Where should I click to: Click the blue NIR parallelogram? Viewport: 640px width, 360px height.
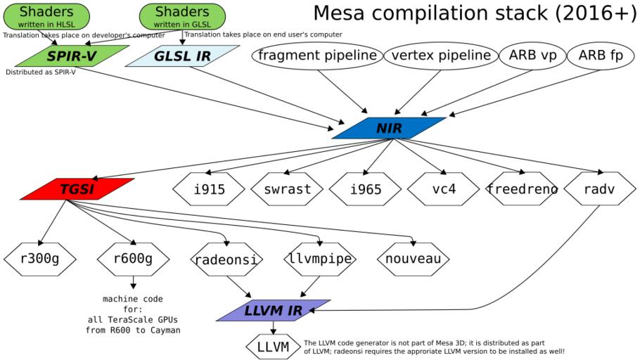coord(388,128)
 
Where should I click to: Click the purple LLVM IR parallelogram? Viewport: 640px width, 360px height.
coord(274,310)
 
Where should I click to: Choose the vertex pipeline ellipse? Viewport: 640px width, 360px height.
coord(440,56)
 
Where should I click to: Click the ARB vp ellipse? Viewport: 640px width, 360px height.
coord(532,56)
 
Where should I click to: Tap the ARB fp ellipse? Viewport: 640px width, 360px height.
coord(600,56)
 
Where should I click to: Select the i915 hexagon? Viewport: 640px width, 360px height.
coord(209,188)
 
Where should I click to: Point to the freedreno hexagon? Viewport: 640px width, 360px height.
coord(523,188)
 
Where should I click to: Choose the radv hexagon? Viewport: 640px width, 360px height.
coord(600,188)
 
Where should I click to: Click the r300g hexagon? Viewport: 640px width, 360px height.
coord(39,259)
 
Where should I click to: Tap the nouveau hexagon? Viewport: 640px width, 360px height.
coord(414,259)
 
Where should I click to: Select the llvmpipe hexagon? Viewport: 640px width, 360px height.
coord(320,259)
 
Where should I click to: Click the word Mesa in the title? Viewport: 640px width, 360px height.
coord(345,14)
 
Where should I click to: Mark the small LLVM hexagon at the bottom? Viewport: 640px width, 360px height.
coord(273,346)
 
